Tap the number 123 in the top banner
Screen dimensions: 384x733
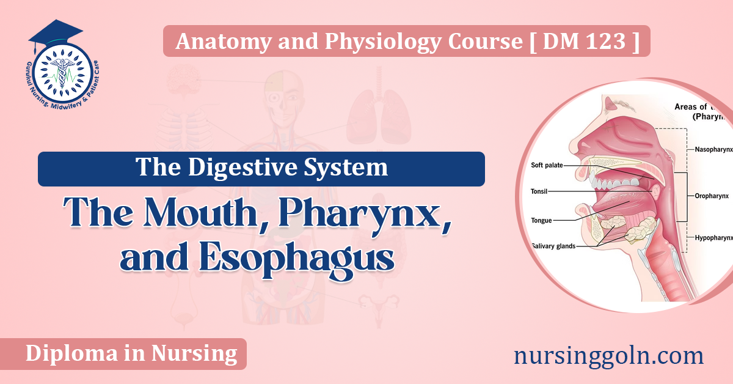pyautogui.click(x=607, y=42)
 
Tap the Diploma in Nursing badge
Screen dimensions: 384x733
pyautogui.click(x=131, y=353)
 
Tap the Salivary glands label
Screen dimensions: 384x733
pyautogui.click(x=553, y=246)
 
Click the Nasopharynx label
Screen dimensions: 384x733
pyautogui.click(x=712, y=149)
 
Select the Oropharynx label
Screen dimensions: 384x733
pyautogui.click(x=712, y=197)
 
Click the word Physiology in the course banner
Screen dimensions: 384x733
pyautogui.click(x=360, y=42)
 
